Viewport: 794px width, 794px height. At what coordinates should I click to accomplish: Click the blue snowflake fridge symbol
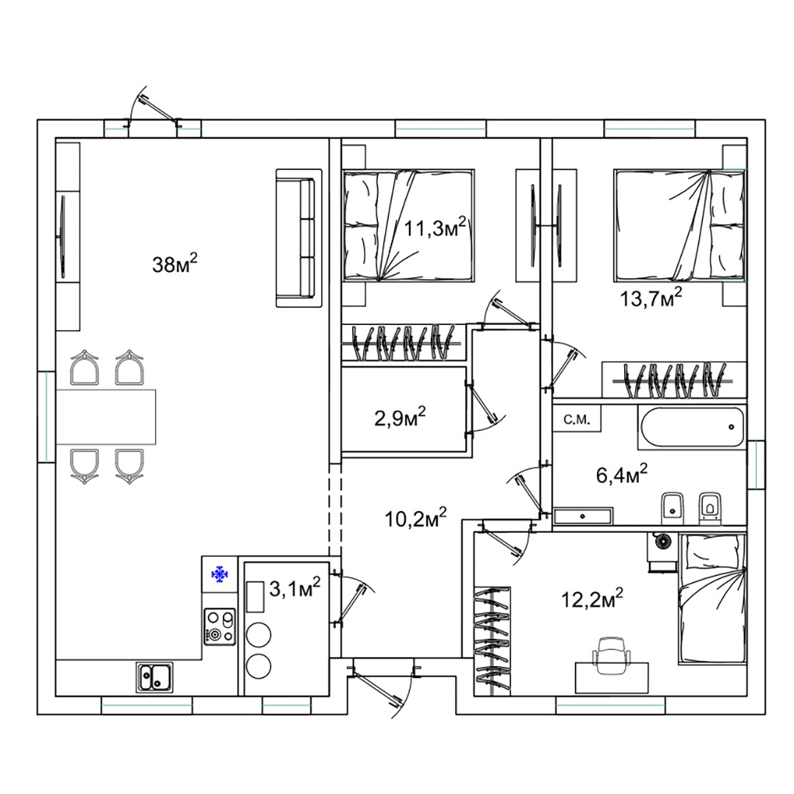coord(221,573)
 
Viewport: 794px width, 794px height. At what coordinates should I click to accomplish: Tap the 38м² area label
coord(175,263)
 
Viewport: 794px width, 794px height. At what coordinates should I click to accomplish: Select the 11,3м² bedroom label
coord(434,228)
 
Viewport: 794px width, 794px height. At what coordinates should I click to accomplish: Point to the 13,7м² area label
coord(651,298)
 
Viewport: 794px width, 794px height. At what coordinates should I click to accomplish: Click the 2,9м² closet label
coord(399,418)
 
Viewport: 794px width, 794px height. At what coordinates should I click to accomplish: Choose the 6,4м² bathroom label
coord(622,474)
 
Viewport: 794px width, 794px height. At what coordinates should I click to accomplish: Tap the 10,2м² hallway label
coord(415,518)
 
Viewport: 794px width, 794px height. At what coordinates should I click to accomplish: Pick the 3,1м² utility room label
coord(295,588)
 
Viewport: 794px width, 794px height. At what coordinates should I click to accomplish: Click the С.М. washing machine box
coord(577,419)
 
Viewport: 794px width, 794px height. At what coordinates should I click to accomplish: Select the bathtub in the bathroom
coord(690,427)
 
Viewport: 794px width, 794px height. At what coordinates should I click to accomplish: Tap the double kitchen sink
coord(154,678)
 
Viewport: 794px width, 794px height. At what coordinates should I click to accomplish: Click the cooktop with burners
coord(220,627)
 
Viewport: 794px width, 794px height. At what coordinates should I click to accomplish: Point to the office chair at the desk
coord(611,655)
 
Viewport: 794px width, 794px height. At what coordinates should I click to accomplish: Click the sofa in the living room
coord(298,238)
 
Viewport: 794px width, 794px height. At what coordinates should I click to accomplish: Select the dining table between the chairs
coord(106,418)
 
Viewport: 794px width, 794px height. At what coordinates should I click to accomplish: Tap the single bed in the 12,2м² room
coord(712,598)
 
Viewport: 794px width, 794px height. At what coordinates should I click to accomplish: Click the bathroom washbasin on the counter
coord(582,516)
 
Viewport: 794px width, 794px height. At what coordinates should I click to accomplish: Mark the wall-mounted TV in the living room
coord(62,237)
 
